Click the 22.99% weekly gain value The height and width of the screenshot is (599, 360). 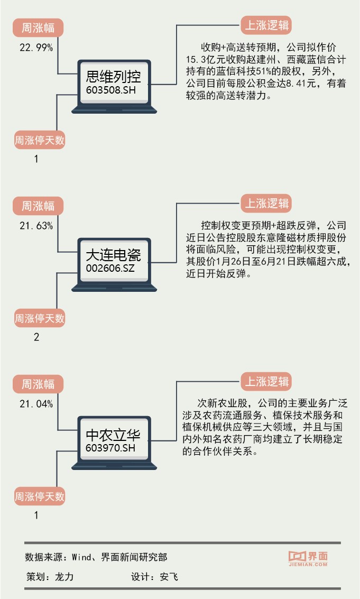click(36, 48)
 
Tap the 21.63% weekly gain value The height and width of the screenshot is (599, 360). click(36, 226)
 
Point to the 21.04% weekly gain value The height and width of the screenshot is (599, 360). click(36, 404)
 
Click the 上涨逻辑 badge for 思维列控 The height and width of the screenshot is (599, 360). click(267, 25)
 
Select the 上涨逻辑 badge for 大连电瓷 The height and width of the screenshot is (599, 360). click(267, 203)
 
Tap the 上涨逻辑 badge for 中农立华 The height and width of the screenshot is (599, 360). click(267, 381)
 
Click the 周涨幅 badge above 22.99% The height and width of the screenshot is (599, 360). click(38, 27)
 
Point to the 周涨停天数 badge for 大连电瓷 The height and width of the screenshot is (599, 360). click(39, 318)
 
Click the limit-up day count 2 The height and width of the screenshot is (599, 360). click(36, 337)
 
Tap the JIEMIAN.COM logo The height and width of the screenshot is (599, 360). click(308, 559)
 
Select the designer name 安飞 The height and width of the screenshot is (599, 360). click(169, 577)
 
